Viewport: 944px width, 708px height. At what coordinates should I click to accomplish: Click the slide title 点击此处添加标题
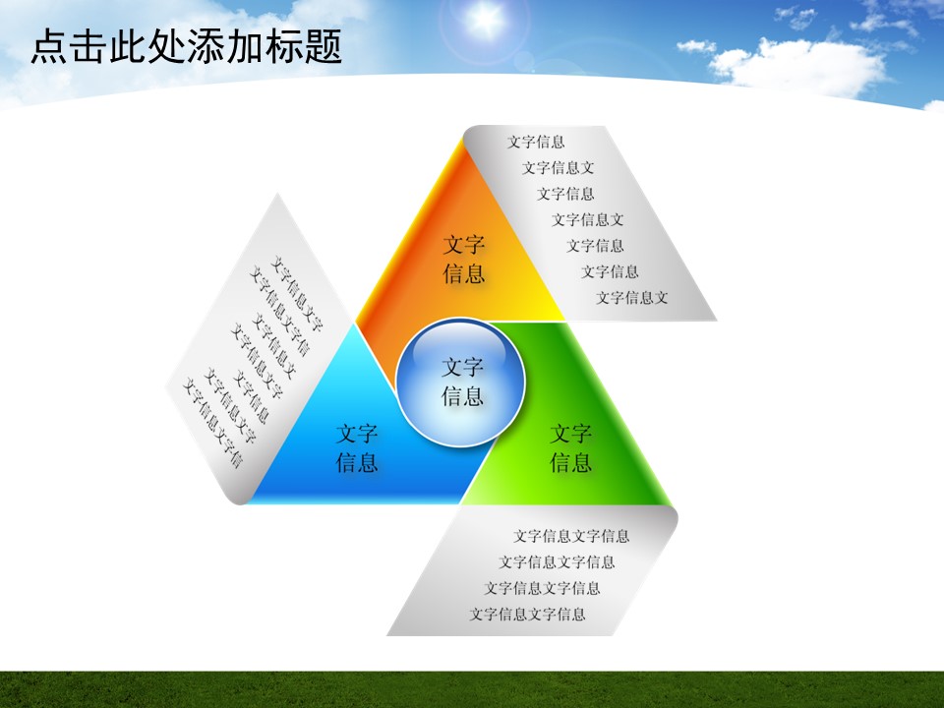[x=187, y=46]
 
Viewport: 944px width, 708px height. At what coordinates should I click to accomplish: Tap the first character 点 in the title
[x=49, y=46]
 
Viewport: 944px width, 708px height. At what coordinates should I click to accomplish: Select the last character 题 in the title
[x=324, y=46]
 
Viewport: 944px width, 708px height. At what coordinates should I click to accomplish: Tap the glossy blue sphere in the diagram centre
[x=460, y=383]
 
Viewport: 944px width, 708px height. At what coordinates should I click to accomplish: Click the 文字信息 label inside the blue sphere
[x=462, y=382]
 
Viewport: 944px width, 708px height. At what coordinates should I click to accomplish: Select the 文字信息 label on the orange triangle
[x=464, y=259]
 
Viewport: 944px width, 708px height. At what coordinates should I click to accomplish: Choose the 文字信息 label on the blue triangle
[x=357, y=448]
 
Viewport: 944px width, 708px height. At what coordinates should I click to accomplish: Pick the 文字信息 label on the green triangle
[x=570, y=448]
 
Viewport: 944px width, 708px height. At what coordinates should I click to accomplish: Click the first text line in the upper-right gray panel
[x=536, y=142]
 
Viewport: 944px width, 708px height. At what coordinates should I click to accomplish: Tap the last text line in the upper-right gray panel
[x=632, y=297]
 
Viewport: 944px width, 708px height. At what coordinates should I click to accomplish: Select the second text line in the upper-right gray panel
[x=559, y=168]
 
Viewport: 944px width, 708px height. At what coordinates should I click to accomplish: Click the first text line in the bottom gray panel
[x=571, y=536]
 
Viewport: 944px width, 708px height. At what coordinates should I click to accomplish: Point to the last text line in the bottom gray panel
[x=527, y=614]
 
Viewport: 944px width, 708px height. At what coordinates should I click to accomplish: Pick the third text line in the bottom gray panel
[x=542, y=588]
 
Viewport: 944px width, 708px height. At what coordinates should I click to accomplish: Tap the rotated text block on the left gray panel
[x=253, y=361]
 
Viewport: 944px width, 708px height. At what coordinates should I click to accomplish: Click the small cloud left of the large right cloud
[x=696, y=46]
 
